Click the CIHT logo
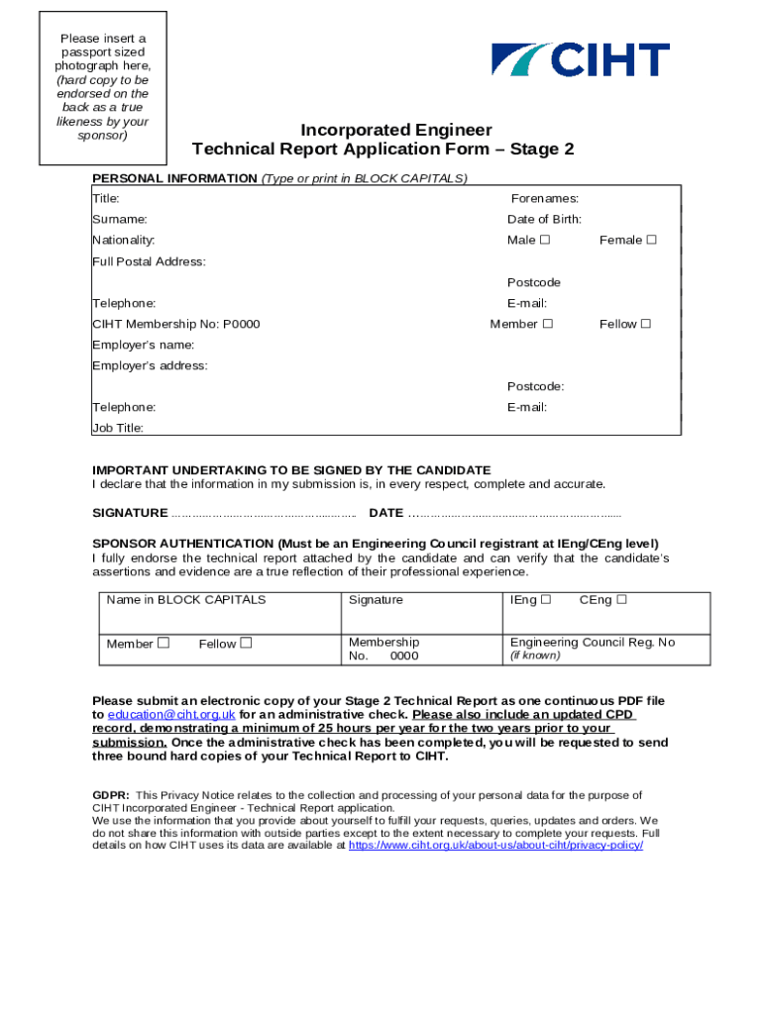pos(581,60)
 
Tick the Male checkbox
pos(545,240)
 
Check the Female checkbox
pos(651,240)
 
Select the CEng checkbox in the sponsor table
pos(621,599)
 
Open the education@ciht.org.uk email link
pos(171,714)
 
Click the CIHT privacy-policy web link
pos(496,847)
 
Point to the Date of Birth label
pos(544,219)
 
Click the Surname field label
pos(120,219)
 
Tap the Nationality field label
pos(124,240)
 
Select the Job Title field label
pos(118,428)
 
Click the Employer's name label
pos(143,345)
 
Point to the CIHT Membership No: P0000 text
pos(176,324)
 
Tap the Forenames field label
pos(545,198)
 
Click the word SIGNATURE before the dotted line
pos(130,513)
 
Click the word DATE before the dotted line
pos(385,513)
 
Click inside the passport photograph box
pos(103,87)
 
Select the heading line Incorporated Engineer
pos(396,130)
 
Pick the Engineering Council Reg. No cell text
pos(593,642)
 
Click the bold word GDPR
pos(110,795)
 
